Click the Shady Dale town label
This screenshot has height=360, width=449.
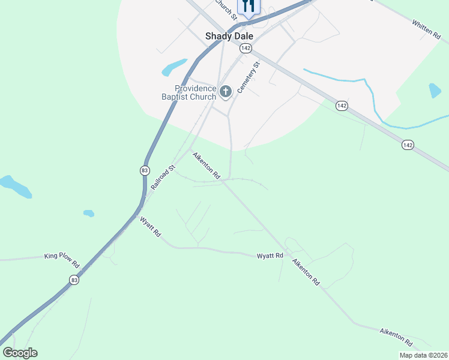coord(229,36)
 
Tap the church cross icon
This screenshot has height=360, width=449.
coord(226,92)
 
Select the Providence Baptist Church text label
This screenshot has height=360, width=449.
coord(188,92)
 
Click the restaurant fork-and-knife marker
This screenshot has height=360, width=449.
coord(249,6)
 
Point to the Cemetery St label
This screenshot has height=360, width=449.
coord(248,77)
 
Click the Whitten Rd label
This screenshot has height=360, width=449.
coord(426,30)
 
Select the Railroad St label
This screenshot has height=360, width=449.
coord(163,178)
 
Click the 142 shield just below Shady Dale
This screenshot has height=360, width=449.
coord(245,48)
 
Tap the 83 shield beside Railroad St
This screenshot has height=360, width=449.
coord(145,170)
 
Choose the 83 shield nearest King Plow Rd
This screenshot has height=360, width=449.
coord(74,280)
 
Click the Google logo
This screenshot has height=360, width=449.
coord(20,353)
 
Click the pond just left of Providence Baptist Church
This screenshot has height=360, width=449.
coord(174,67)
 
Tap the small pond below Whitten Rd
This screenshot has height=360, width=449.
coord(435,91)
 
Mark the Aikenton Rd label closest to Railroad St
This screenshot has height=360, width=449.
coord(206,166)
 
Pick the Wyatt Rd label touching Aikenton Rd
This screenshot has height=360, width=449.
coord(270,256)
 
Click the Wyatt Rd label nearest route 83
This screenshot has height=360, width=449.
coord(150,227)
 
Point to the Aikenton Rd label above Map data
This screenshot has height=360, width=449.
coord(396,337)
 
